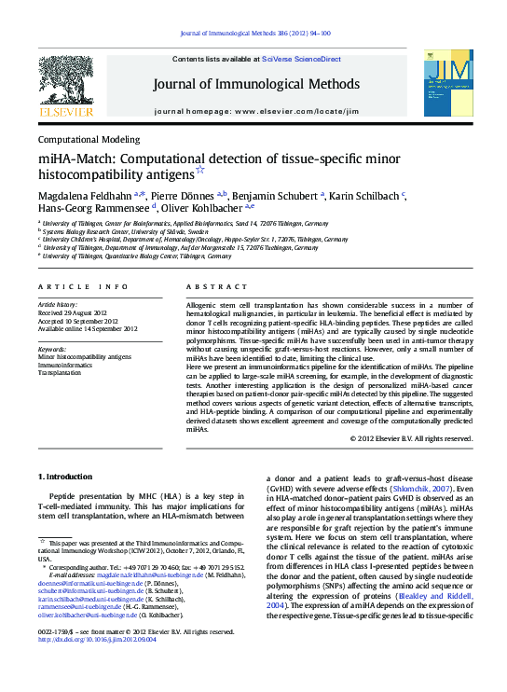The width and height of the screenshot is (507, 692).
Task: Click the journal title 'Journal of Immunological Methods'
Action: click(x=256, y=84)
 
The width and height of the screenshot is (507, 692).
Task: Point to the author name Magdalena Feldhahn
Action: click(x=85, y=195)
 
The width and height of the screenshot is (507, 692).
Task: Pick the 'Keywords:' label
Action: click(x=51, y=348)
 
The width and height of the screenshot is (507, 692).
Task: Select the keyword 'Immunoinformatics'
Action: click(x=66, y=364)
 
